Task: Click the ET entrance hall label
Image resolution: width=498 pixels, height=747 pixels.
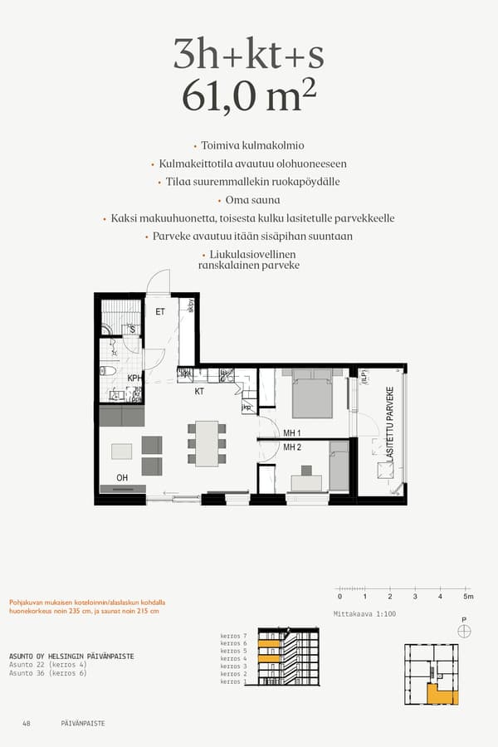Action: click(160, 312)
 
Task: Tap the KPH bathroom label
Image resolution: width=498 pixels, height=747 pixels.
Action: click(134, 378)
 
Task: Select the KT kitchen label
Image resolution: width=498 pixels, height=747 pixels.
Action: click(199, 390)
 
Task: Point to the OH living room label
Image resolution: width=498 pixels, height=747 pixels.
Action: click(122, 477)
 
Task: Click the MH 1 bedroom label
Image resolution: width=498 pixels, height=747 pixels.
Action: click(291, 432)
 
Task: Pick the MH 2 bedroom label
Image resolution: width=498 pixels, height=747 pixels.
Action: click(291, 447)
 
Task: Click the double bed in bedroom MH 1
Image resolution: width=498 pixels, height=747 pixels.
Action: click(312, 396)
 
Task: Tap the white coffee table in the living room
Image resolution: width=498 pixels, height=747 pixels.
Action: click(121, 451)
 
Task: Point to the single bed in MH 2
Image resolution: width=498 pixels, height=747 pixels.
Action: click(339, 466)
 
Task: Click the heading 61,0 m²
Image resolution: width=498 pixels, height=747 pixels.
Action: click(249, 98)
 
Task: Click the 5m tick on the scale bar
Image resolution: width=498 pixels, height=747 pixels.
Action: click(467, 596)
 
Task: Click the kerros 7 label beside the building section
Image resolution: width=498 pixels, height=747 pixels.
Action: click(233, 636)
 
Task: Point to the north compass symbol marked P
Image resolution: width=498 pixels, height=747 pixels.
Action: click(464, 630)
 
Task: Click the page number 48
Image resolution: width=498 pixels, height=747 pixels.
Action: click(27, 723)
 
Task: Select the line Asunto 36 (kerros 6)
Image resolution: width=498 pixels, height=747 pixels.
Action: click(49, 673)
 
